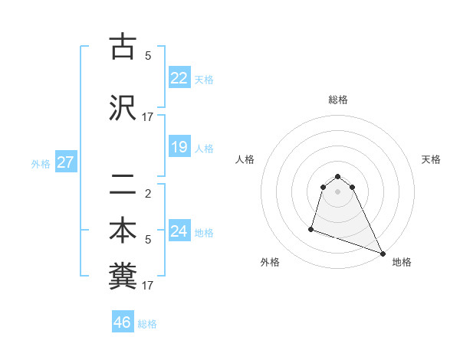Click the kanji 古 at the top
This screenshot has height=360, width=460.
coord(123,47)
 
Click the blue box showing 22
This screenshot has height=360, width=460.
coord(179,78)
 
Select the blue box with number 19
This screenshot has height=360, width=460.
coord(179,147)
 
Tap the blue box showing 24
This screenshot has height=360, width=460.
coord(179,231)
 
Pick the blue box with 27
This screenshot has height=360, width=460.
coord(65,162)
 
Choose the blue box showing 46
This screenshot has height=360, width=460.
coord(123,322)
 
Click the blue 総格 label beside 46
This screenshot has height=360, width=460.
coord(147,324)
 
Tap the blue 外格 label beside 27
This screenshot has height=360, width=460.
coord(41,163)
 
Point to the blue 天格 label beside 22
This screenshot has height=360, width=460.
coord(204,80)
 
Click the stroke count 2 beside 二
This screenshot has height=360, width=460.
coord(147,193)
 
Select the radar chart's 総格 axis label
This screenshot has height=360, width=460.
coord(338,100)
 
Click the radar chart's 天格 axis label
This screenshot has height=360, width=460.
coord(431,159)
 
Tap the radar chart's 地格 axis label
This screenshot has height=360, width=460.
coord(402,262)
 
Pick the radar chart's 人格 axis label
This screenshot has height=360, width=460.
coord(245,159)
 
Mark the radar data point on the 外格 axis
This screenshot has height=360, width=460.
coord(311,228)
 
